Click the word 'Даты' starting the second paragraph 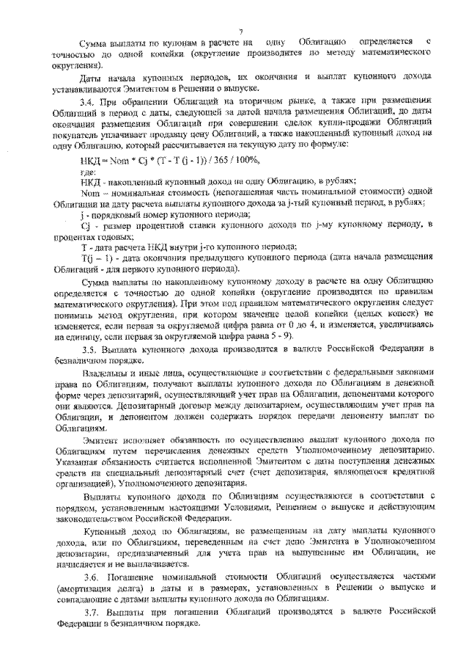(x=89, y=74)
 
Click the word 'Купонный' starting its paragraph (x=100, y=528)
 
